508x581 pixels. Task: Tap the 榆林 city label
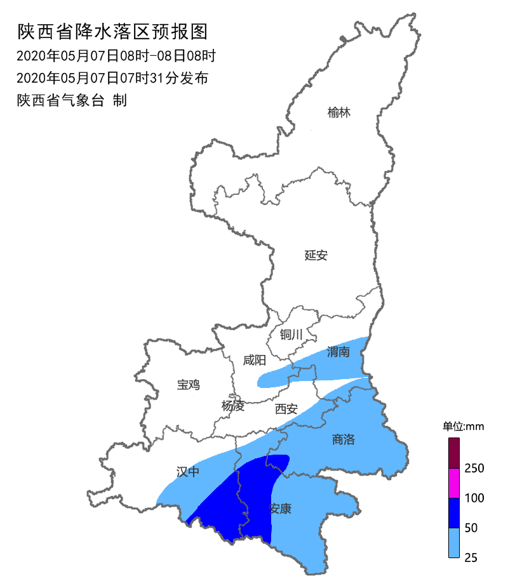(x=339, y=113)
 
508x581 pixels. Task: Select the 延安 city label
(x=316, y=255)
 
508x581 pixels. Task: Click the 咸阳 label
(x=255, y=361)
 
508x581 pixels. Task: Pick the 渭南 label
(x=338, y=352)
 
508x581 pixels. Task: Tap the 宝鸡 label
(x=189, y=384)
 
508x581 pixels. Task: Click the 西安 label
(x=286, y=410)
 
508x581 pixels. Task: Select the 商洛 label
(x=344, y=439)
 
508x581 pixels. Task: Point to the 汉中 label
(x=188, y=471)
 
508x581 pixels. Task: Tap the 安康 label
(x=280, y=509)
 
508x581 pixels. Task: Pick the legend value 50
(x=472, y=528)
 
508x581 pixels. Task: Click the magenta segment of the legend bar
(x=454, y=483)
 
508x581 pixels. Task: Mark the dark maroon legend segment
(x=454, y=453)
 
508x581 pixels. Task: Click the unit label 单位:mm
(x=463, y=426)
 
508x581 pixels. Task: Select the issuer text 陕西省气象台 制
(x=72, y=100)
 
